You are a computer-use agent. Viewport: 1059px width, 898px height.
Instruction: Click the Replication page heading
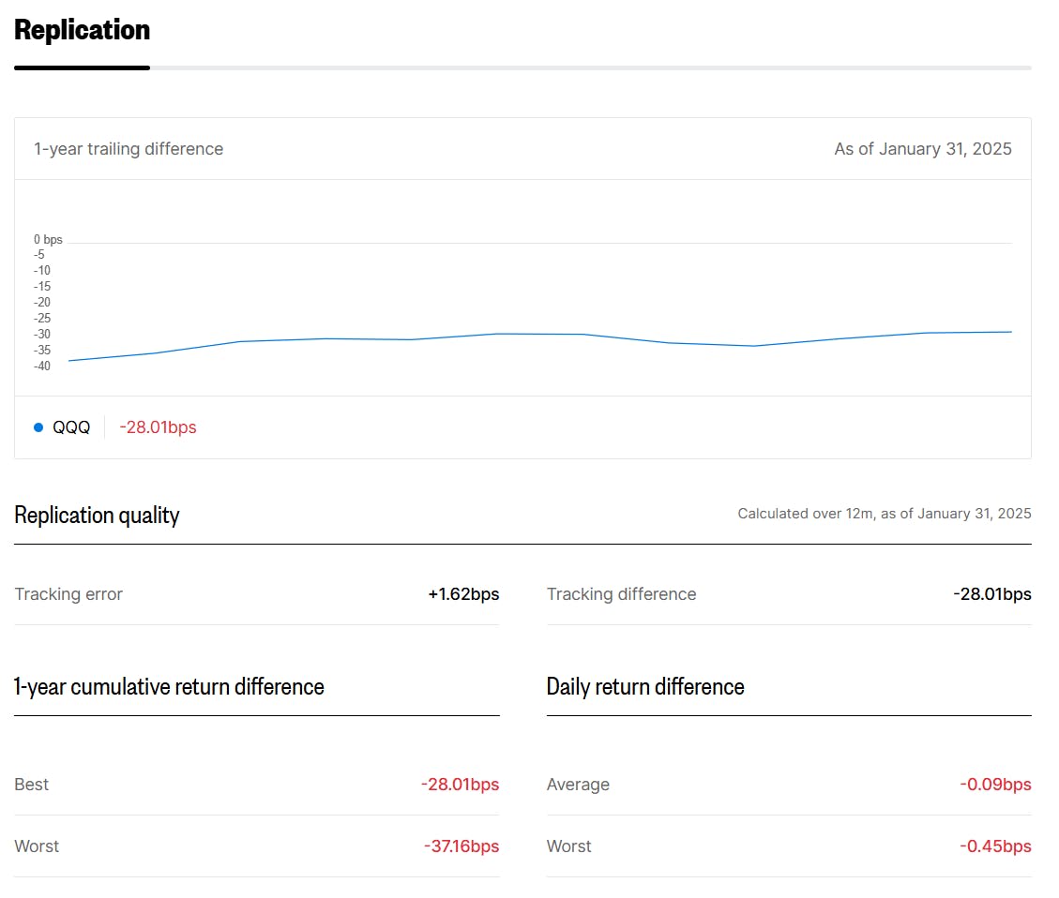click(x=83, y=30)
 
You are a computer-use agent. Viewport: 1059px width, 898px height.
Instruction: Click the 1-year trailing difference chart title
click(x=129, y=149)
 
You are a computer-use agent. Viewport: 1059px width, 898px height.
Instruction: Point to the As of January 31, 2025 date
click(x=923, y=149)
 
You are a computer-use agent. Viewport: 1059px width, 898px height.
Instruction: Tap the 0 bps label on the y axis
click(x=48, y=240)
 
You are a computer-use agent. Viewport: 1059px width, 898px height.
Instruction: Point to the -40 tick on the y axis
click(x=42, y=366)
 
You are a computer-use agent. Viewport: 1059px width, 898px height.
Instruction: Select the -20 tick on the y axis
click(x=42, y=302)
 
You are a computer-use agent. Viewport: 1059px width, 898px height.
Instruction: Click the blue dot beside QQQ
click(x=38, y=427)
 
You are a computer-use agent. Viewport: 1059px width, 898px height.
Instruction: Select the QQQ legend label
click(x=71, y=427)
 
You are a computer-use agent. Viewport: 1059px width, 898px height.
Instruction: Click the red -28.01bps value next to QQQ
click(x=158, y=427)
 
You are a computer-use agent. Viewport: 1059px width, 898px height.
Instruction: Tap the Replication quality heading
click(x=97, y=516)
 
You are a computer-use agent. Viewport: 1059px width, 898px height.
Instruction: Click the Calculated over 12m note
click(x=884, y=514)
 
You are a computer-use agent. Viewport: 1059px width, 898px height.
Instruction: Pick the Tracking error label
click(x=68, y=594)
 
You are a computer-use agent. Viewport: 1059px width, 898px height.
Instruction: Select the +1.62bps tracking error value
click(x=463, y=594)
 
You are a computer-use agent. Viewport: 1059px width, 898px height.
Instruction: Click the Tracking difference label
click(x=621, y=594)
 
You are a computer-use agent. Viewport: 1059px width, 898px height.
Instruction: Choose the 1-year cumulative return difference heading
click(x=169, y=687)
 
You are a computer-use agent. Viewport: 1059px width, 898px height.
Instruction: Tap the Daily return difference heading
click(x=645, y=687)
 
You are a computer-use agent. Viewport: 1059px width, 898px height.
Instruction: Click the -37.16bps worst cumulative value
click(x=461, y=846)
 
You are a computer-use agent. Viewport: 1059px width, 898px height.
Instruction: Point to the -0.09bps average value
click(x=995, y=785)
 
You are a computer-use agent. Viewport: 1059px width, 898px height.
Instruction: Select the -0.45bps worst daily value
click(x=995, y=846)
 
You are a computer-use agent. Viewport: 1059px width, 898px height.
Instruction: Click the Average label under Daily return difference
click(x=578, y=785)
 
